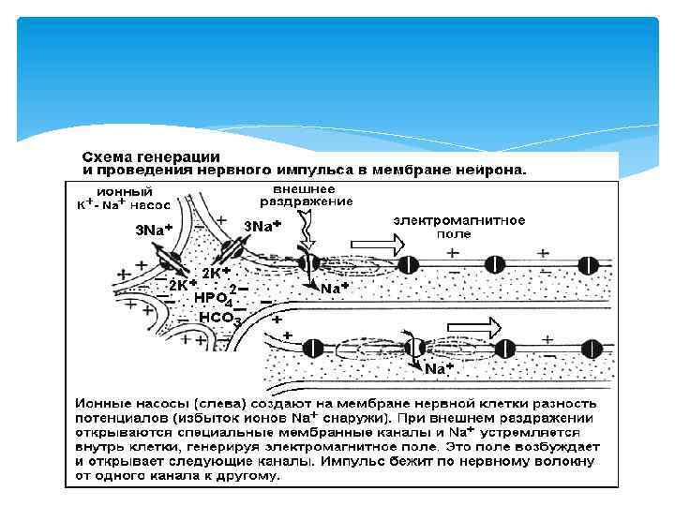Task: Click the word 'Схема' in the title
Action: coord(106,157)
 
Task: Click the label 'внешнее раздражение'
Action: coord(306,194)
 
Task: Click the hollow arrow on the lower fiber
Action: coord(481,326)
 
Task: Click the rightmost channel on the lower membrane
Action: coord(592,349)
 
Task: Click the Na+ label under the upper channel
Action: coord(334,289)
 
